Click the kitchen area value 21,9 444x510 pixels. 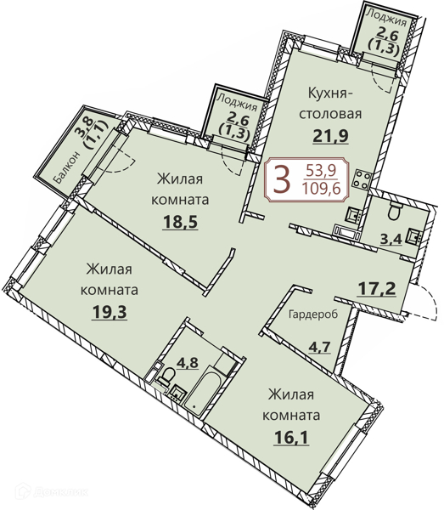(330, 136)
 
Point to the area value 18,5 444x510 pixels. (180, 223)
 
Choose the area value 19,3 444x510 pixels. (110, 312)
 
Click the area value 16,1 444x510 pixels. (291, 437)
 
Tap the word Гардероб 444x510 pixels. (313, 314)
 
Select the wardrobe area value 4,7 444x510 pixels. (319, 347)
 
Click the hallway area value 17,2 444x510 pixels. (377, 289)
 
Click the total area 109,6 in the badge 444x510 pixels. (321, 188)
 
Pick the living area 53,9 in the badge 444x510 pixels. (321, 170)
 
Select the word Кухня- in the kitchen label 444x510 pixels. (330, 94)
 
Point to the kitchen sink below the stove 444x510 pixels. (353, 214)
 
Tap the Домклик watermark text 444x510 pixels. (60, 491)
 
